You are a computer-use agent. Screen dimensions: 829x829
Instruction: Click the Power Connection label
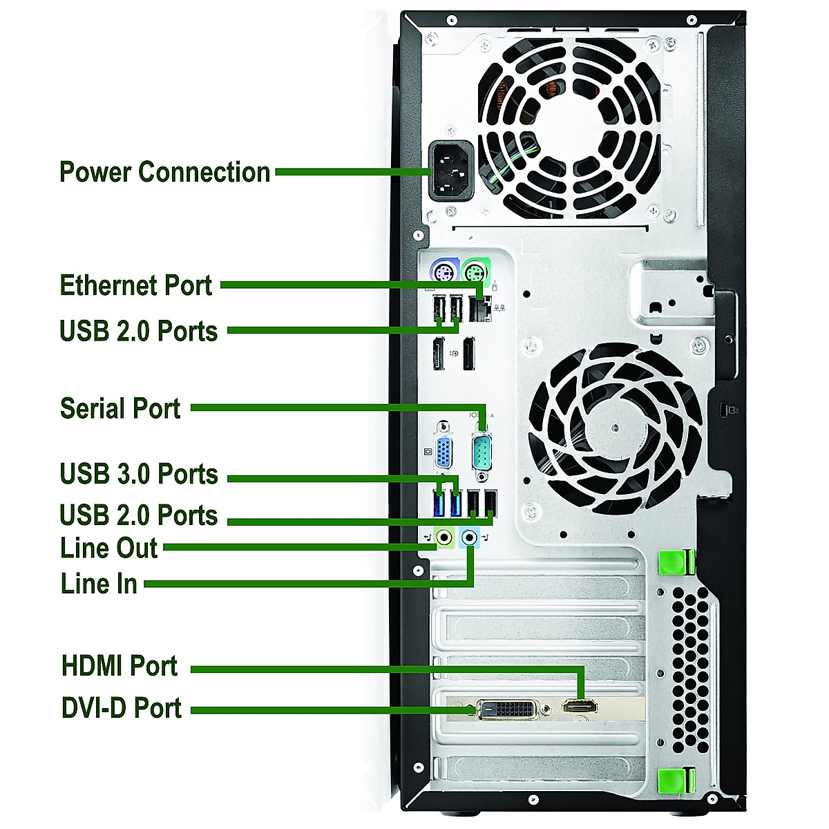tap(164, 172)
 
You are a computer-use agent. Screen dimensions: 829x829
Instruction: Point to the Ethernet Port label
tap(136, 285)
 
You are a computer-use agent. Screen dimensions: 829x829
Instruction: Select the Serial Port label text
tap(120, 408)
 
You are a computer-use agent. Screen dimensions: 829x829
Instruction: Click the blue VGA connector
tap(447, 452)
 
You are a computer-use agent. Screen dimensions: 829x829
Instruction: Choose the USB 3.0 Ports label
tap(139, 475)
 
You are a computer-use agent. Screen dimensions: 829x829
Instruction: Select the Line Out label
tap(109, 548)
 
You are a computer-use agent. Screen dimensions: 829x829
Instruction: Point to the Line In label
tap(99, 584)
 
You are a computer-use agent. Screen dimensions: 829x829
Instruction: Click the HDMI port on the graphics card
tap(580, 707)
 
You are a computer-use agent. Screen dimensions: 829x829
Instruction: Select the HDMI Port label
tap(120, 666)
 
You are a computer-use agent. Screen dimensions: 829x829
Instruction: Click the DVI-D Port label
tap(122, 708)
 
